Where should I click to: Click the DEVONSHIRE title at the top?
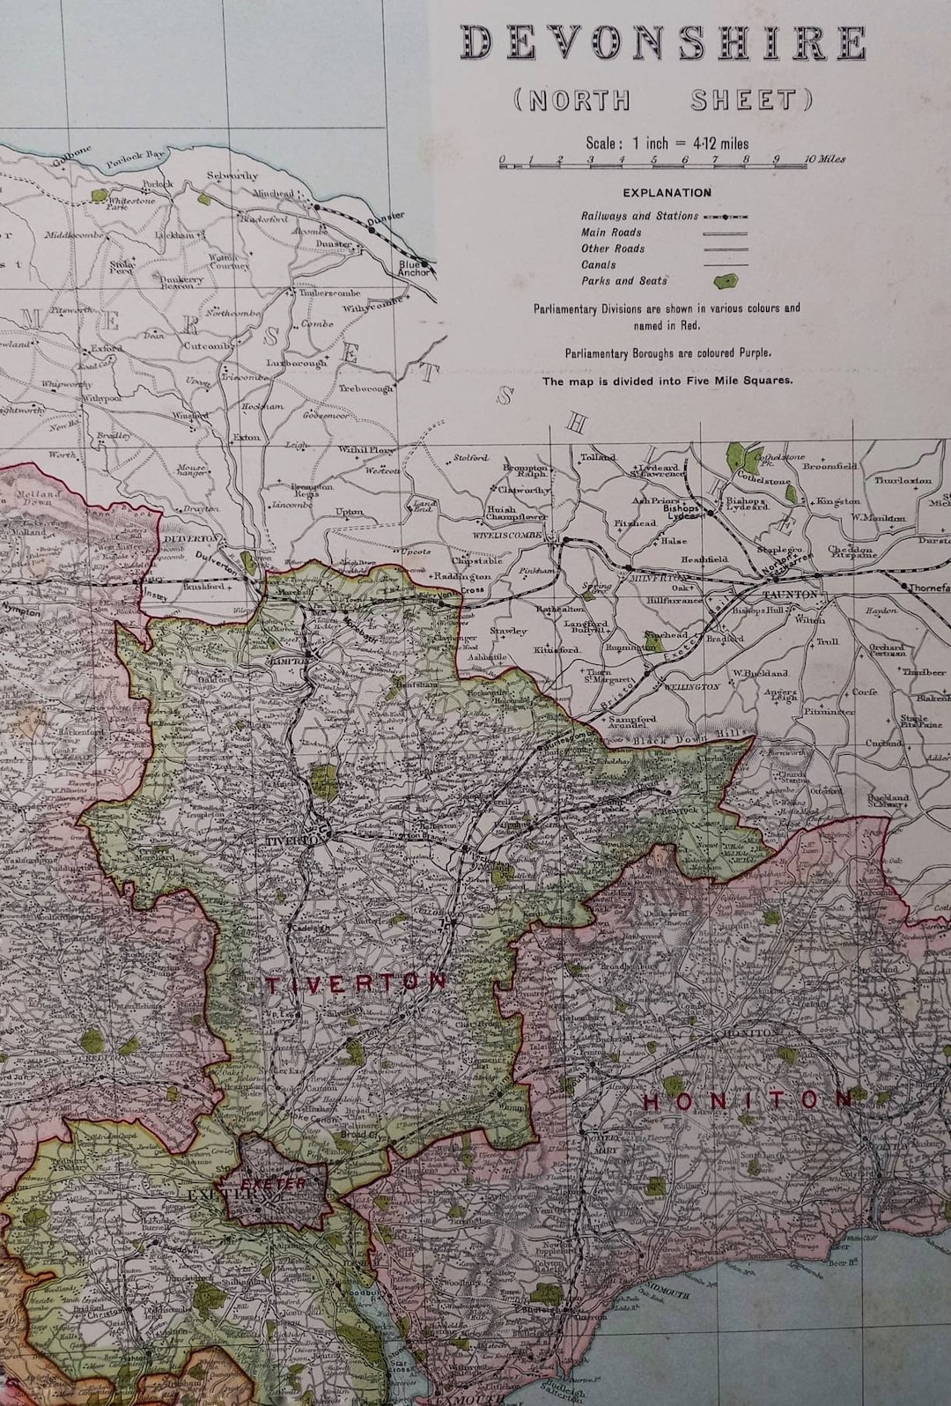[x=664, y=44]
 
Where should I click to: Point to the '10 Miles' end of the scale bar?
[x=826, y=159]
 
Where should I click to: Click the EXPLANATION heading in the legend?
[x=667, y=192]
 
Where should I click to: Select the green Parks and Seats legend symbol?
[x=727, y=281]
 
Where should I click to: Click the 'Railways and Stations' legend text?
[x=639, y=216]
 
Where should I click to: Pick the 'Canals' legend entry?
[x=599, y=264]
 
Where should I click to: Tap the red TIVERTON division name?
[x=358, y=983]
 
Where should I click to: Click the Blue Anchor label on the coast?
[x=415, y=268]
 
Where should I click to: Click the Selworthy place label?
[x=232, y=175]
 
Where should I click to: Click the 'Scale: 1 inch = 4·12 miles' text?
[x=667, y=143]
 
